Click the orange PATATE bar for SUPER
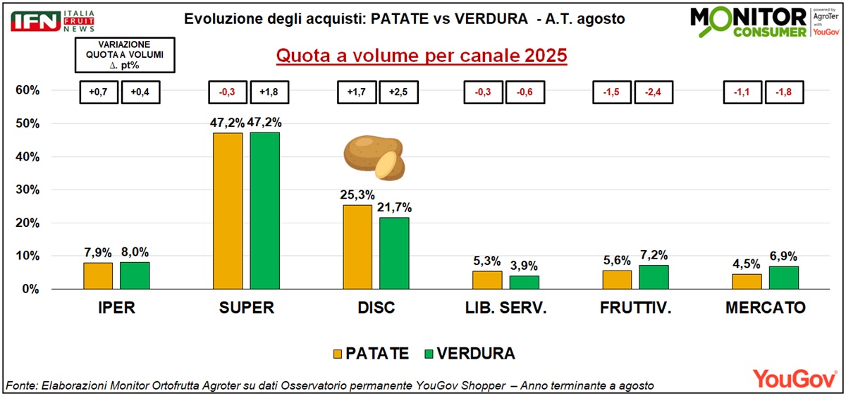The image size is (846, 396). pos(228,211)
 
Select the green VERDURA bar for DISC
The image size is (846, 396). pos(394,253)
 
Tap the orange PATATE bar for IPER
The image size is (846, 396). pos(98,276)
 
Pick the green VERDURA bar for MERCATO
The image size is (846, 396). pos(784,277)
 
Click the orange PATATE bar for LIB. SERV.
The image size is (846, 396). pos(487,280)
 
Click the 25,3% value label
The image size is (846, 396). pos(357,194)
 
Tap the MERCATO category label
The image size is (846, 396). pos(766,309)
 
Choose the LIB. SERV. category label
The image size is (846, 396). pos(505,309)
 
